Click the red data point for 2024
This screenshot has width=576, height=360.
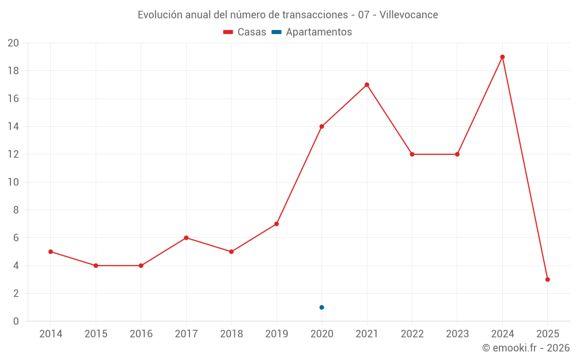click(502, 57)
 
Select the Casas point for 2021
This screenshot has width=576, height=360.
click(367, 85)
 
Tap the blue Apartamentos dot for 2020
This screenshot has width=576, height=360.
click(321, 307)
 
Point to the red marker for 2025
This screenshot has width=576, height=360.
click(547, 279)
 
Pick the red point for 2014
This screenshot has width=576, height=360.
click(51, 252)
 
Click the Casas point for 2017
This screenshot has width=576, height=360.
click(186, 238)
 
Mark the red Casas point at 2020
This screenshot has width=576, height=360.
click(321, 127)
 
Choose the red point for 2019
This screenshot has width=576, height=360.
click(276, 223)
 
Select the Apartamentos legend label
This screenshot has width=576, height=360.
click(319, 32)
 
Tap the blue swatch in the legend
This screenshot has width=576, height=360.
click(276, 32)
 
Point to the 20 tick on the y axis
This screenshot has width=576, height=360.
click(13, 43)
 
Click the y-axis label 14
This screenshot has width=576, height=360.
click(13, 127)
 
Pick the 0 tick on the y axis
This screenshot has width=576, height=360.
click(16, 321)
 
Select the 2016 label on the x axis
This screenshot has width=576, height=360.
click(141, 334)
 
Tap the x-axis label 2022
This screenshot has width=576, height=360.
click(412, 334)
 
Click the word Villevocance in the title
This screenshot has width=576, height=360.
click(410, 15)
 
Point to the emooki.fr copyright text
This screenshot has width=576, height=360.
click(526, 348)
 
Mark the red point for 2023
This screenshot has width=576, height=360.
click(457, 154)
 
